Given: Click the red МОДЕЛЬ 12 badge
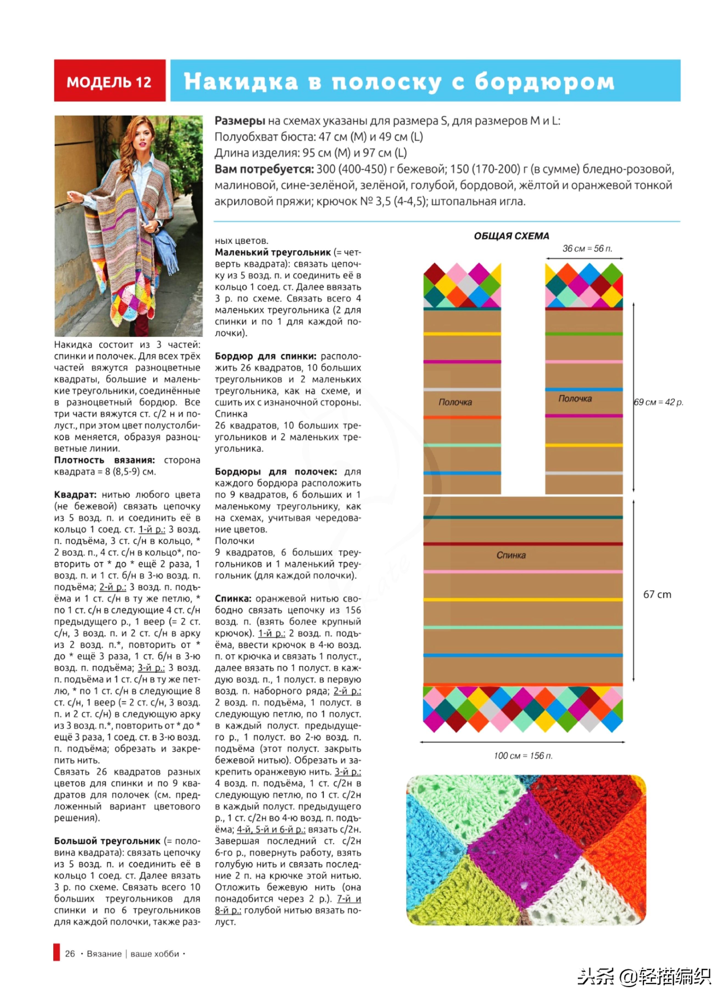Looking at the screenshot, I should (109, 81).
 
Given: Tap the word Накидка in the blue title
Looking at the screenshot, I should (241, 81).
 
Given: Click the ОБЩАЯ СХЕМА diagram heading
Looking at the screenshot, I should (512, 236).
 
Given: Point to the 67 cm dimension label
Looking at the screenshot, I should (657, 595).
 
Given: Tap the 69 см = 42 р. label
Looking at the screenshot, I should (658, 402).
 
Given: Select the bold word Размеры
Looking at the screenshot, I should (240, 121).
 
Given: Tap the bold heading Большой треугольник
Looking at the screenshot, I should (107, 841).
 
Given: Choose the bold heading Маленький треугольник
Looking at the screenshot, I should (273, 252).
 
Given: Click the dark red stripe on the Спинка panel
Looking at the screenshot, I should (523, 544).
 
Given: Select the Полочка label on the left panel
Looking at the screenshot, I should (455, 402).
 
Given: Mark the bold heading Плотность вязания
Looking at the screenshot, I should (104, 460).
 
